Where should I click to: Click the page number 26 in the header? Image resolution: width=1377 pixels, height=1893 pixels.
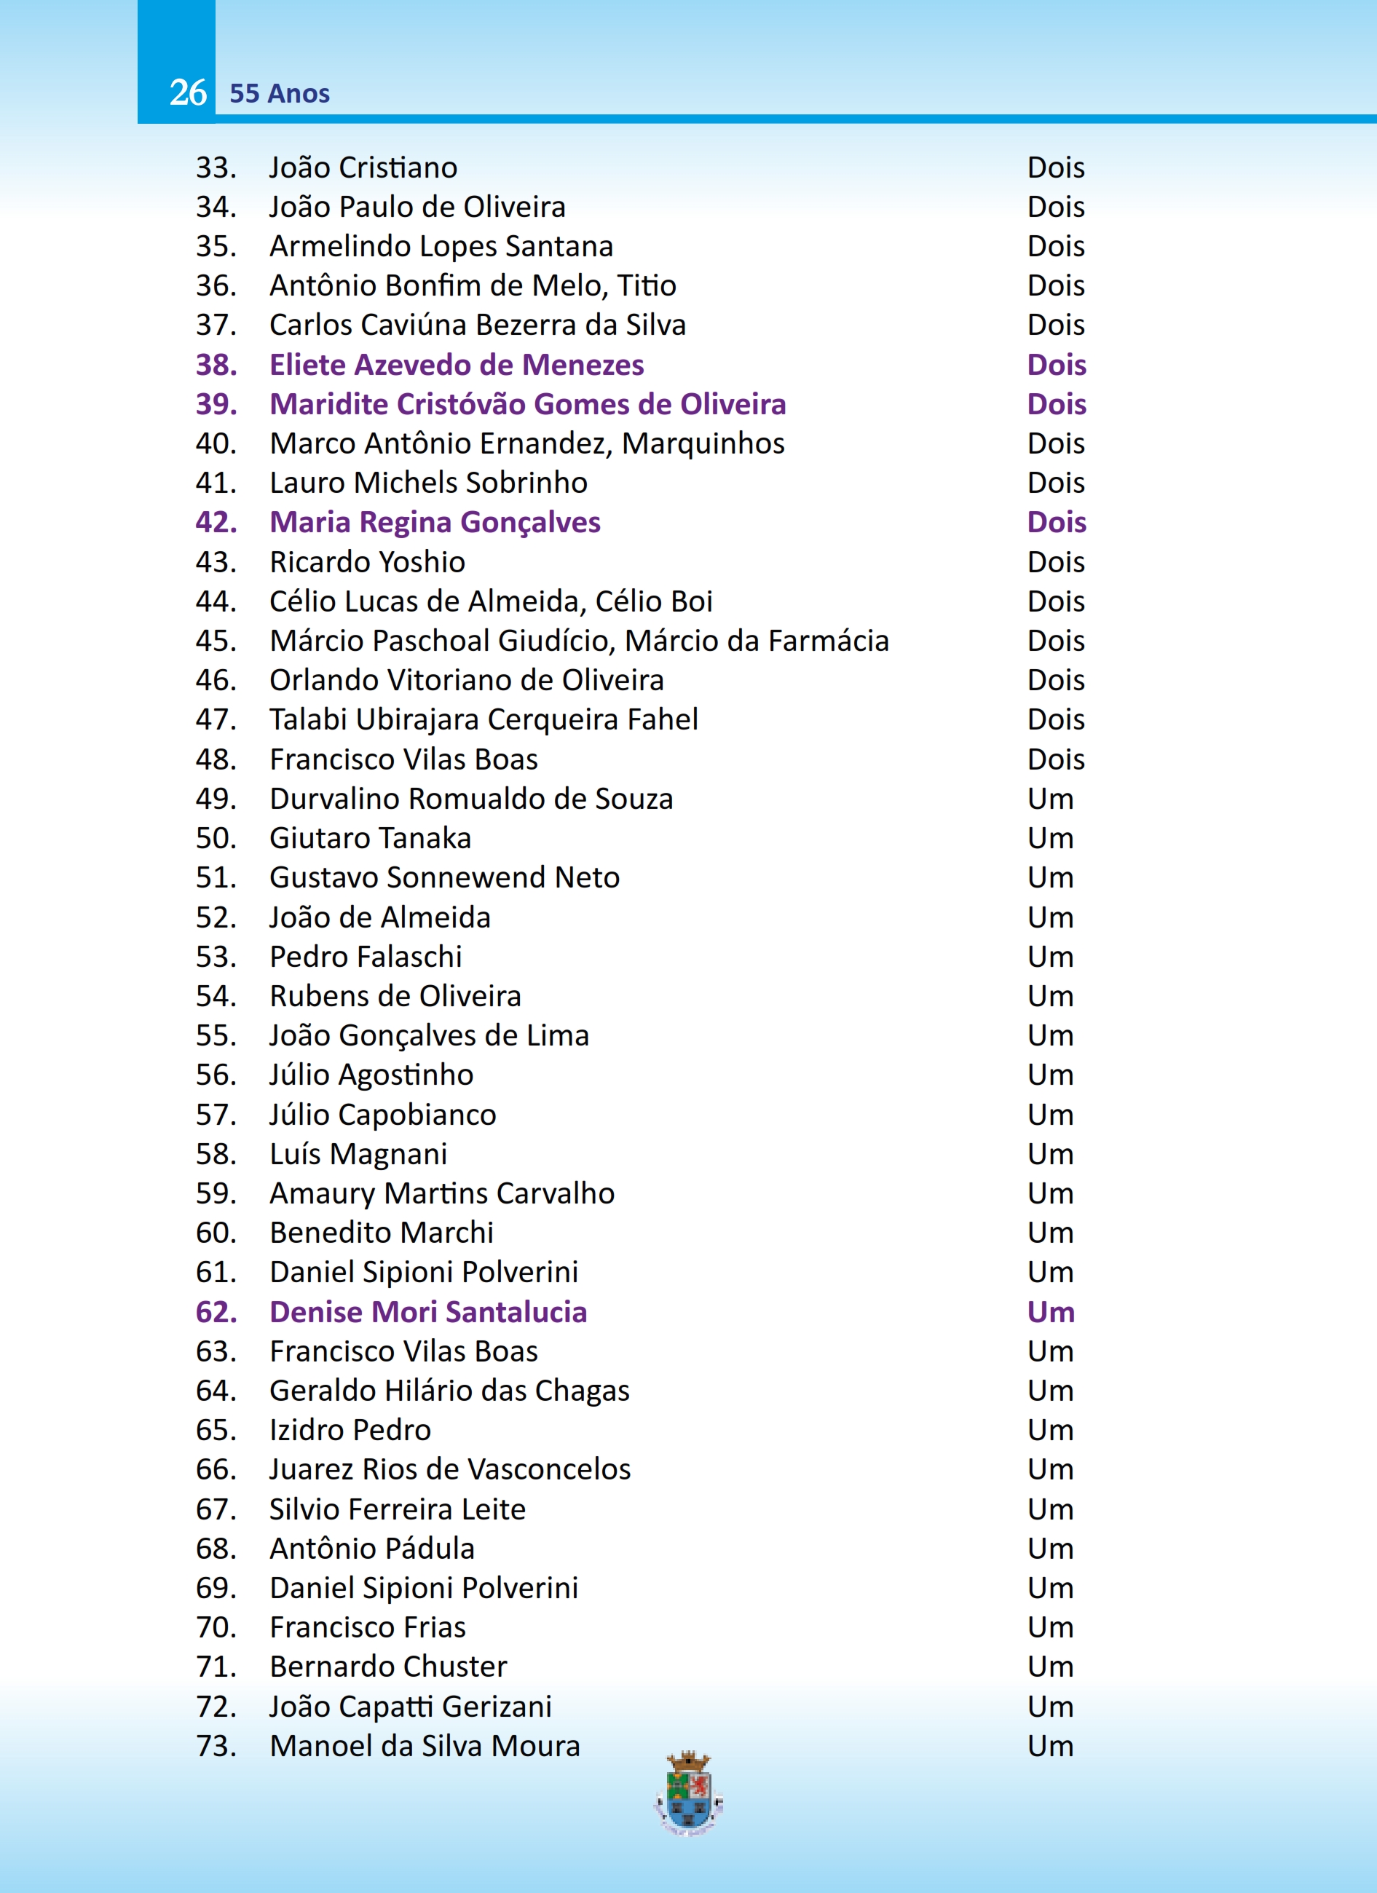coord(188,92)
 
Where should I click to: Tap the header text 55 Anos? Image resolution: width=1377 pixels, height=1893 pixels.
coord(280,93)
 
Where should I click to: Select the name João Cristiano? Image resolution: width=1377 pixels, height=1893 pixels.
coord(363,167)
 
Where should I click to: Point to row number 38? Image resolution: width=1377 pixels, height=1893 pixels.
coord(216,365)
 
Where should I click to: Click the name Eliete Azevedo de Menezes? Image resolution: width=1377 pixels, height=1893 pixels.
coord(457,365)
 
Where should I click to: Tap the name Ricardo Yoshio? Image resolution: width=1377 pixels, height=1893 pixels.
coord(367,562)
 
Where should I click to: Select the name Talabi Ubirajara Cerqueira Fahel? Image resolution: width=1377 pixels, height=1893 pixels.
coord(484,719)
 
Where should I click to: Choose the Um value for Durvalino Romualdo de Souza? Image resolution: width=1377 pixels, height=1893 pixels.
coord(1050,799)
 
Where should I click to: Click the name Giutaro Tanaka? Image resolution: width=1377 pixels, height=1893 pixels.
coord(370,838)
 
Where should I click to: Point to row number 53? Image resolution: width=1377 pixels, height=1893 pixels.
coord(216,957)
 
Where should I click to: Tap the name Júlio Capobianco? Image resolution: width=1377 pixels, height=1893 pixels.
coord(382,1114)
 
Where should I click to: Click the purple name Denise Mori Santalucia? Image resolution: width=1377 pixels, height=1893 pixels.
coord(428,1312)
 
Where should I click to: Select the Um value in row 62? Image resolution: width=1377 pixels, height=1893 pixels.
coord(1051,1312)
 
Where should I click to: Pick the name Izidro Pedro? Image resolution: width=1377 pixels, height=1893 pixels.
coord(350,1430)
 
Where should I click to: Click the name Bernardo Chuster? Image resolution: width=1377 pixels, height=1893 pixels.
coord(388,1667)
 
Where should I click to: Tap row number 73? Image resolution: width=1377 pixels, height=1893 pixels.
coord(216,1746)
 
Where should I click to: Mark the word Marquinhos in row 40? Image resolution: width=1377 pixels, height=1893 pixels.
coord(703,443)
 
